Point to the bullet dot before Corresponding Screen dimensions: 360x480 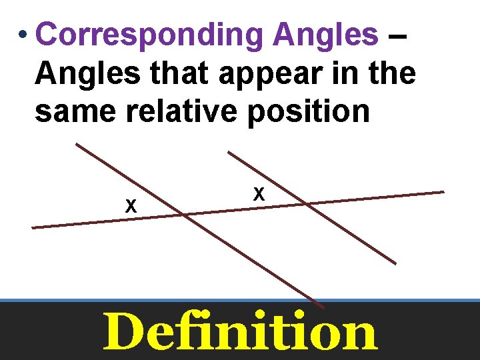[x=23, y=34]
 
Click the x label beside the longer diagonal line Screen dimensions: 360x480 [x=131, y=207]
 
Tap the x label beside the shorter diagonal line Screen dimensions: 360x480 [x=259, y=194]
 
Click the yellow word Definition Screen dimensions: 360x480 [x=239, y=332]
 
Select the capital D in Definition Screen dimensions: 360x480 [x=125, y=332]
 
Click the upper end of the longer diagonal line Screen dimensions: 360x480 [x=76, y=143]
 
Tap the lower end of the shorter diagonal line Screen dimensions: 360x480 [x=395, y=264]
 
